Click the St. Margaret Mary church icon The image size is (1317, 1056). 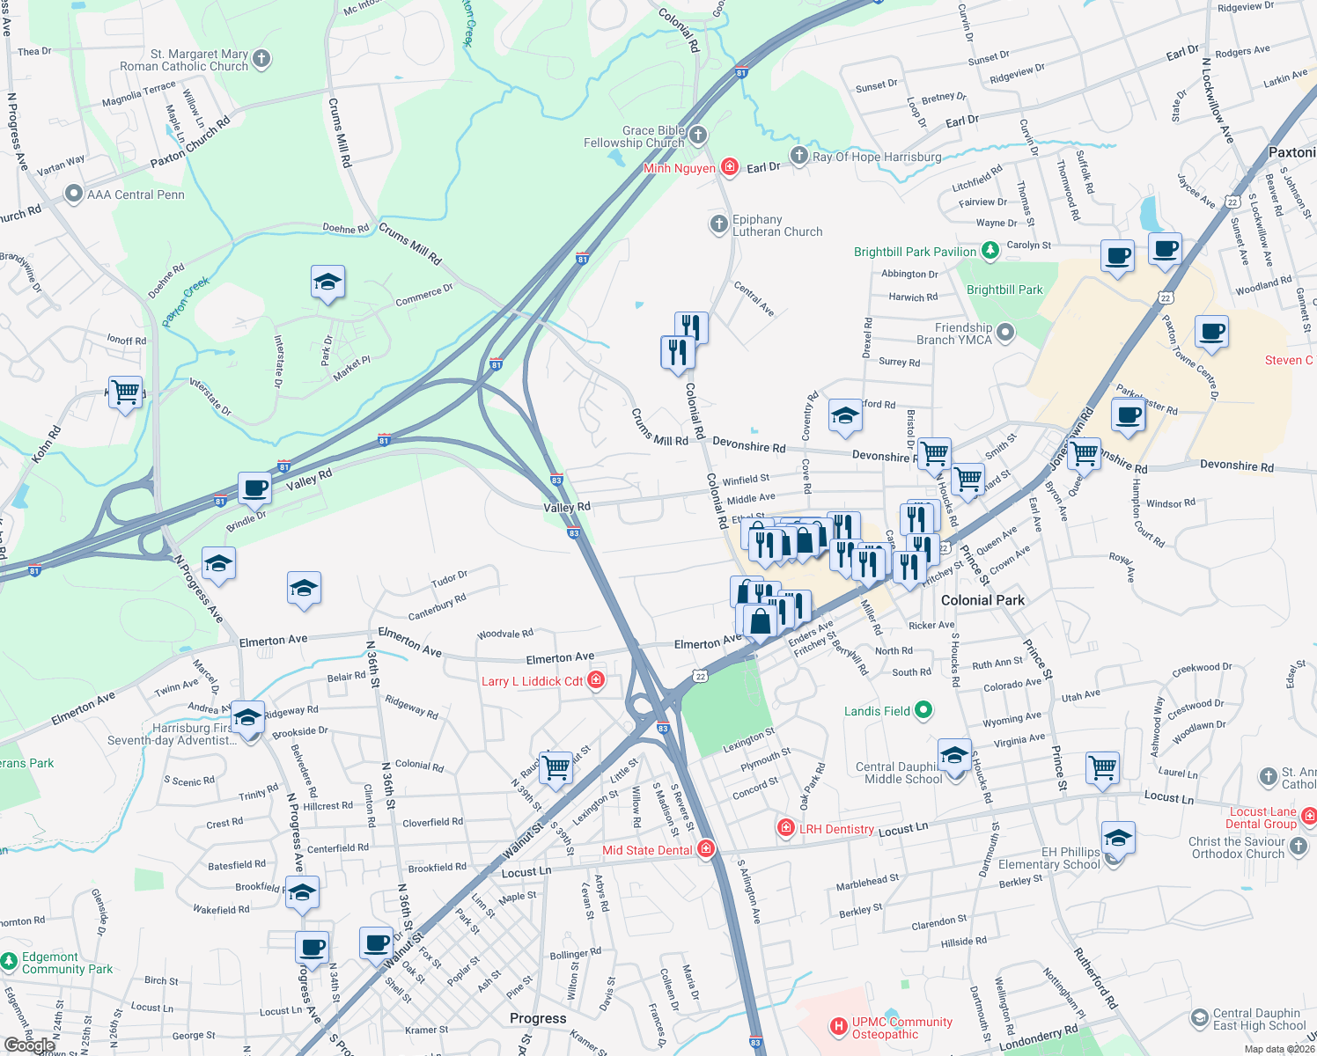tap(261, 59)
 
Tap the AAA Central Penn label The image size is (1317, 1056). tap(136, 194)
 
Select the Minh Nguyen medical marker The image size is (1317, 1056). tap(729, 167)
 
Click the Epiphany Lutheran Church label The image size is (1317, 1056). tap(777, 226)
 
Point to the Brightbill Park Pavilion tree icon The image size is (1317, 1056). tap(990, 252)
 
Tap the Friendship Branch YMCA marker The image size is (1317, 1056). tap(1005, 333)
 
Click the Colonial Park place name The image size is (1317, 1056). tap(982, 600)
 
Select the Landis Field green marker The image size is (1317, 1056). tap(923, 710)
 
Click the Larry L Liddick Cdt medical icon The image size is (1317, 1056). tap(596, 680)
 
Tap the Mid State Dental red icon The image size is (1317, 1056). tap(705, 849)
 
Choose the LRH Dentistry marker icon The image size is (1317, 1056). tap(785, 828)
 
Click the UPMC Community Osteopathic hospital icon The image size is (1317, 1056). tap(839, 1026)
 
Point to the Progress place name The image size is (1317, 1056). tap(538, 1018)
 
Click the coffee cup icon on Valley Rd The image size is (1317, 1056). tap(255, 488)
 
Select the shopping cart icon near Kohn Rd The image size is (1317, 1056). tap(126, 392)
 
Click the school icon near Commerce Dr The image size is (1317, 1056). tap(327, 282)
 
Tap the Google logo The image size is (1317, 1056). tap(29, 1045)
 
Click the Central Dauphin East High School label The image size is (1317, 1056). tap(1259, 1019)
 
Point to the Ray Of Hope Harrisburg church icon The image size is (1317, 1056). tap(798, 156)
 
